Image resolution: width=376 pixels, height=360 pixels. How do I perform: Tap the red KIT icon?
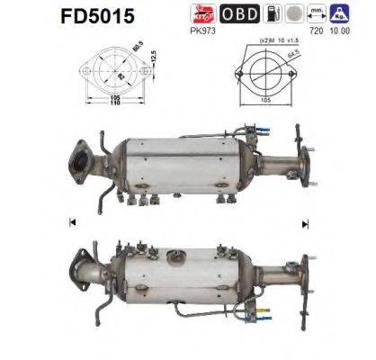click(x=201, y=13)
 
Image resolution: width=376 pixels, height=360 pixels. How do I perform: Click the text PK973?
click(x=201, y=30)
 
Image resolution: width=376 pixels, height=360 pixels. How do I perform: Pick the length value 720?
click(x=317, y=30)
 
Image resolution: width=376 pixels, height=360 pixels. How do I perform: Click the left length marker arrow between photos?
click(x=70, y=221)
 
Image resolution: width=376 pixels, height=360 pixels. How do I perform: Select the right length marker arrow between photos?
click(x=305, y=221)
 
